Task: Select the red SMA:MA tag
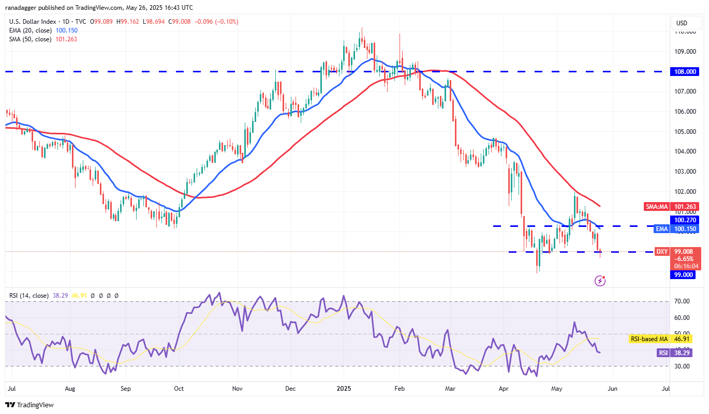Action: coord(657,207)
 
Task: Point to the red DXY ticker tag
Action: coord(662,252)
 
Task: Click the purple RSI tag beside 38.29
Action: coord(662,352)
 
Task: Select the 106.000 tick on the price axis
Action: coord(684,112)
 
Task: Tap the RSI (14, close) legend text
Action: coord(29,296)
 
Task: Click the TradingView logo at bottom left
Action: coord(29,405)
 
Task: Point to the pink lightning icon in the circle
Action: coord(600,281)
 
